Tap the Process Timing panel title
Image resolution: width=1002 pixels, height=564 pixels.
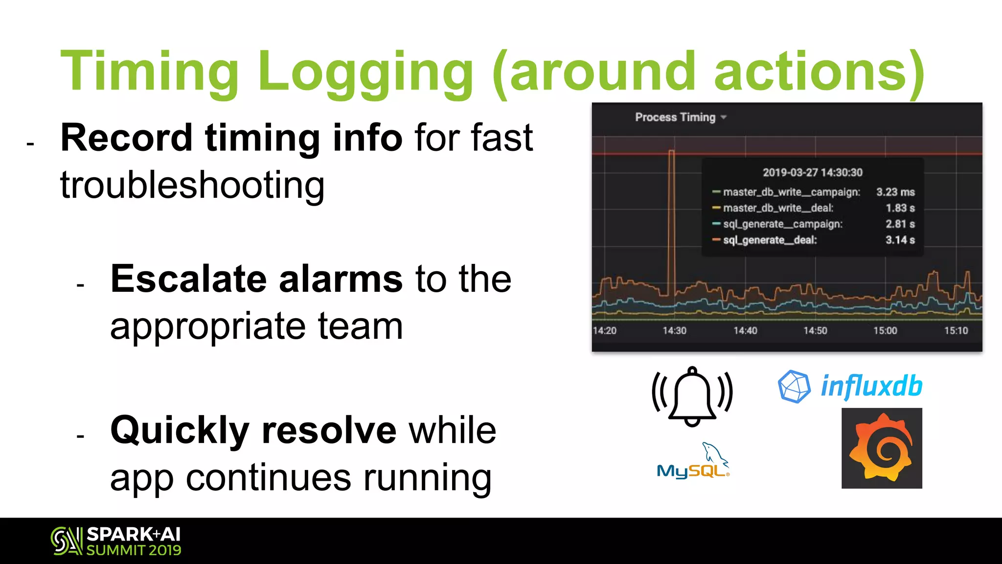[675, 117]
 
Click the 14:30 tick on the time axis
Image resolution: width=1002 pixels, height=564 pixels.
[674, 331]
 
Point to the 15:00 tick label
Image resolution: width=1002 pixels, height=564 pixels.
[885, 331]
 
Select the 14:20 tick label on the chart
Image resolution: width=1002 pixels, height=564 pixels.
[605, 331]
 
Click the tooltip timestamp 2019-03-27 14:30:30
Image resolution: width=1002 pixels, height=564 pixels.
[812, 172]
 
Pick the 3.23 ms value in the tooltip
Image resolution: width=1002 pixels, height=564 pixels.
[895, 192]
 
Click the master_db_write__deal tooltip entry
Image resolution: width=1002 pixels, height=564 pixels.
[778, 208]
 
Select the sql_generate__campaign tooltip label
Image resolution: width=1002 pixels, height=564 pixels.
[783, 224]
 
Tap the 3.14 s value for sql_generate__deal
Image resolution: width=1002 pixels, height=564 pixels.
[900, 240]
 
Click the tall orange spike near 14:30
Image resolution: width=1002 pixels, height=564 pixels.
[672, 220]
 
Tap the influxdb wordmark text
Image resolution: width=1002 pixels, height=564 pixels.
[871, 386]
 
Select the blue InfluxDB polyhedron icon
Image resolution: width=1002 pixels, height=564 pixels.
[794, 387]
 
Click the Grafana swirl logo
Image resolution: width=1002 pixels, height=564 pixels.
[882, 448]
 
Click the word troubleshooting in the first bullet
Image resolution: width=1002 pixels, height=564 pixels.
[192, 186]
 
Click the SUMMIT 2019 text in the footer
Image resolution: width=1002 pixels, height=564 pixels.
[134, 550]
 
